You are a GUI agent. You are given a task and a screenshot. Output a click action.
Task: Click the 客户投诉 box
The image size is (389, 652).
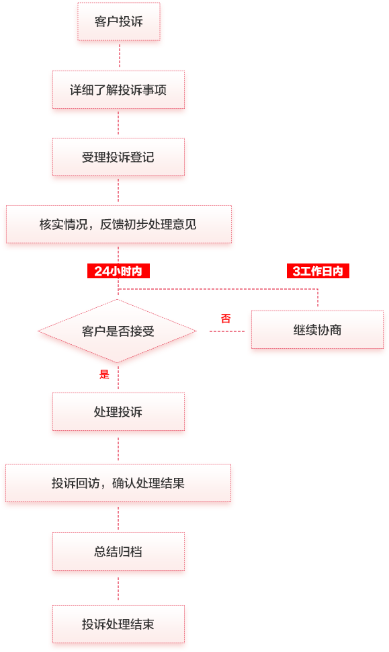click(x=119, y=22)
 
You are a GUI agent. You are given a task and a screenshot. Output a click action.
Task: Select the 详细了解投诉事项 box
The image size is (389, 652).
click(x=118, y=90)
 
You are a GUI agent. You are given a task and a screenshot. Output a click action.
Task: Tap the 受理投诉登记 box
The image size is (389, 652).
click(x=118, y=157)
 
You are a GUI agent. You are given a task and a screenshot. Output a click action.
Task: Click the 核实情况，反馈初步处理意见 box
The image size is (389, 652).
click(x=119, y=225)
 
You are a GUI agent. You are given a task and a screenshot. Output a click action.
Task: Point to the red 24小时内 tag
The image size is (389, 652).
click(x=118, y=271)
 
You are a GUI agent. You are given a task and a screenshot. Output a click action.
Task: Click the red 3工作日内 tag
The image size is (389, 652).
click(x=318, y=271)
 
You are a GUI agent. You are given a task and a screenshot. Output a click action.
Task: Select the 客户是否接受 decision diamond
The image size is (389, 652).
click(x=117, y=331)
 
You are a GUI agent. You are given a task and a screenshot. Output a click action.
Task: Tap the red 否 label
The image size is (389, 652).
click(x=226, y=319)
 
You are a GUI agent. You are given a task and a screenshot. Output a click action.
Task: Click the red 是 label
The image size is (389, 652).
click(x=104, y=374)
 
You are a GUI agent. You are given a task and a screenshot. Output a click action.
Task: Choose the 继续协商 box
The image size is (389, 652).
click(x=318, y=330)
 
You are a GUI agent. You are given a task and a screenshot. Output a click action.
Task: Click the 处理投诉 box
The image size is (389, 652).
click(x=118, y=411)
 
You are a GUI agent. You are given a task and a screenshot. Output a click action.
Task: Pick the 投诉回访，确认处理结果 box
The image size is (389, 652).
click(x=118, y=483)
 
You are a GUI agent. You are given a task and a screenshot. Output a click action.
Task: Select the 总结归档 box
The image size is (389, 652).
click(x=118, y=552)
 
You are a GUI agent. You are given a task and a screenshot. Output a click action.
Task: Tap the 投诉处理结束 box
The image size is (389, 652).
click(x=118, y=624)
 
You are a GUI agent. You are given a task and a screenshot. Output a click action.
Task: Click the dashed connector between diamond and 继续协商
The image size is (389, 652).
click(x=227, y=331)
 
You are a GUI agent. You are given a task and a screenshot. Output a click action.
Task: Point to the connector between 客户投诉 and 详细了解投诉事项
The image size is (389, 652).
click(x=120, y=55)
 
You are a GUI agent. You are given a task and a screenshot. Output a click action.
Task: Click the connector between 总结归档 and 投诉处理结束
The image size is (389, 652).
click(x=118, y=588)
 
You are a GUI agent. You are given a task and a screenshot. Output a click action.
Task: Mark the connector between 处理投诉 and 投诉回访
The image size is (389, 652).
click(x=118, y=448)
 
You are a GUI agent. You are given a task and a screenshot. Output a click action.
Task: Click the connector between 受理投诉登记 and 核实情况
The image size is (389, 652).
click(x=118, y=190)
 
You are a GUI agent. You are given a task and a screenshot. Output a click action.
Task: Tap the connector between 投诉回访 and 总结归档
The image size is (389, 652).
click(x=118, y=518)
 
